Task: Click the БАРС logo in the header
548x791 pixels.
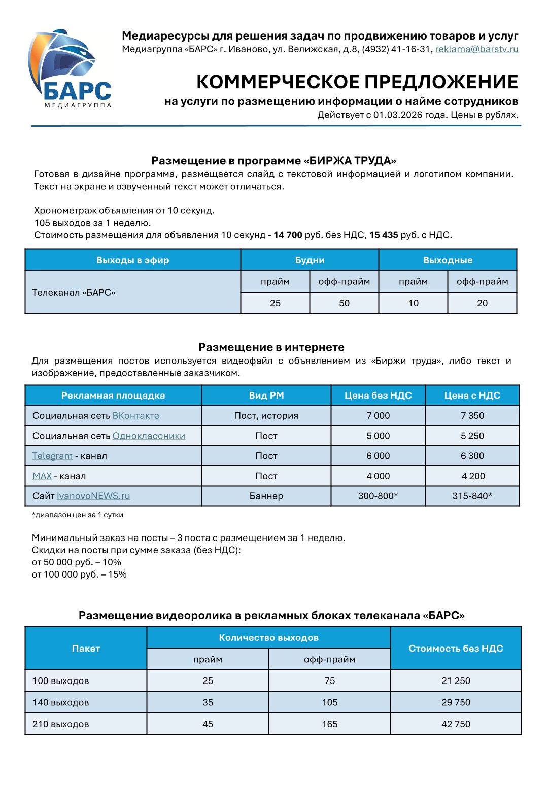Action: pos(70,69)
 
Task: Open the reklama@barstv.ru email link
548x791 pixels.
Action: pos(476,49)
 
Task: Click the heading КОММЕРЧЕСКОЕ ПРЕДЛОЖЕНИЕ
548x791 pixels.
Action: pos(357,82)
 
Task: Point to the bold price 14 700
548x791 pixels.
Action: pos(288,235)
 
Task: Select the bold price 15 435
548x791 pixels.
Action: pos(384,235)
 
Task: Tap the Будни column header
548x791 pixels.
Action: pos(310,260)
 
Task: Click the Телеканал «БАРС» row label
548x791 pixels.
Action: pos(74,293)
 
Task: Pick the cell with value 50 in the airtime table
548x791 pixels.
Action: pos(344,303)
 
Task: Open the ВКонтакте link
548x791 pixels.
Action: pos(135,416)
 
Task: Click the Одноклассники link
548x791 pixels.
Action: pos(149,436)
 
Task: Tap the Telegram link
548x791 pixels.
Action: pos(52,456)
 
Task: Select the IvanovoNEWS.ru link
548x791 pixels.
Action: pos(93,496)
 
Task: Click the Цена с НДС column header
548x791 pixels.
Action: pos(472,395)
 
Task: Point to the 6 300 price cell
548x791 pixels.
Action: pos(472,456)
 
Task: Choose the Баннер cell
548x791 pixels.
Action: pos(266,496)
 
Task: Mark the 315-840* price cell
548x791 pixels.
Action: pos(472,496)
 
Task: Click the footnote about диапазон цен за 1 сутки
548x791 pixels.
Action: pos(78,515)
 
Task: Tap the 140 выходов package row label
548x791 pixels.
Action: pos(61,703)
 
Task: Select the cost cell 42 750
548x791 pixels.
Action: pos(456,724)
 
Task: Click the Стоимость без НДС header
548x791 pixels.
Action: pos(456,649)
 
